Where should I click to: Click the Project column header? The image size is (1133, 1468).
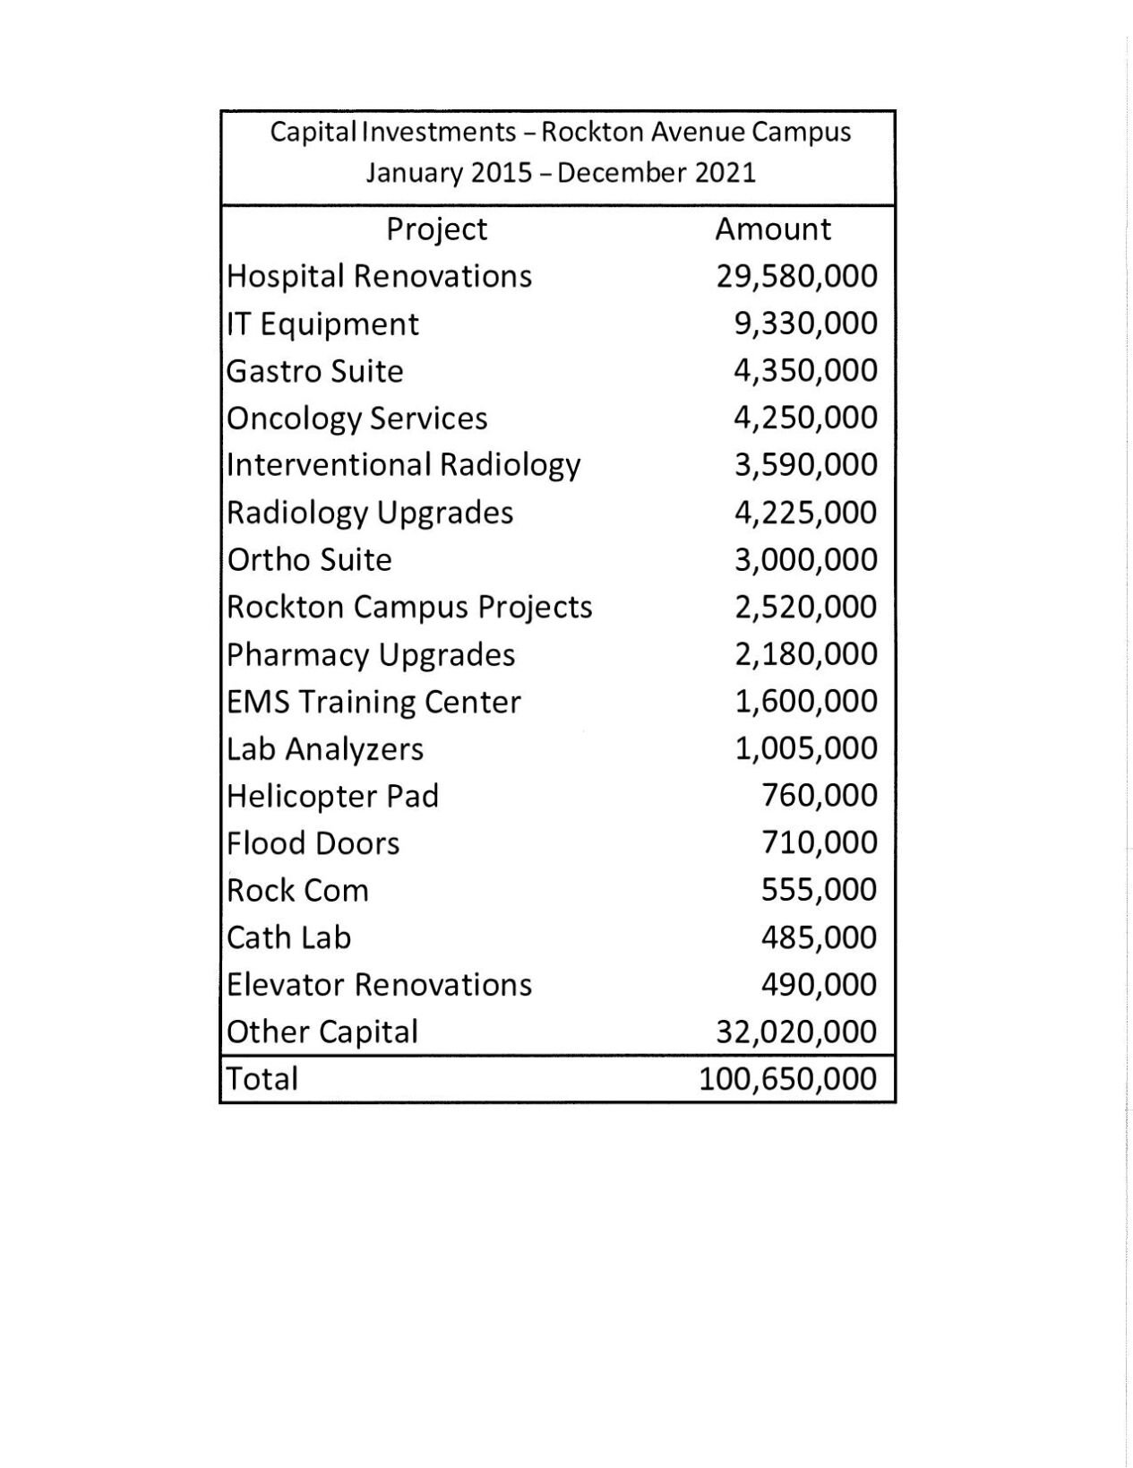click(436, 229)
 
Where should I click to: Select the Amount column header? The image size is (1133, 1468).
click(772, 229)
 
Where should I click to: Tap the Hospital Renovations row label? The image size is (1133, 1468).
click(379, 276)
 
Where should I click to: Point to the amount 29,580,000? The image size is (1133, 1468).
click(796, 276)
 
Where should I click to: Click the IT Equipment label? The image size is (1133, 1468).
click(322, 324)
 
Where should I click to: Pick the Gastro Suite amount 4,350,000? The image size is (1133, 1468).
click(805, 371)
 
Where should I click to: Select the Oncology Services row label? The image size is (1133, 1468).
click(356, 419)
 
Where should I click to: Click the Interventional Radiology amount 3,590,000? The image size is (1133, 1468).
click(805, 465)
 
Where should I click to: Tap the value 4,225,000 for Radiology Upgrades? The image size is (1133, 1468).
click(805, 513)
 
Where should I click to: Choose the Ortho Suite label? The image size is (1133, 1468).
click(309, 560)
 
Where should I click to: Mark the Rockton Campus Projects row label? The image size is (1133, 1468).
click(409, 607)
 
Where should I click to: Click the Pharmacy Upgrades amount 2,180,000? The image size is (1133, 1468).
click(805, 654)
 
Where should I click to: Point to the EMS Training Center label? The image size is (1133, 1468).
click(373, 702)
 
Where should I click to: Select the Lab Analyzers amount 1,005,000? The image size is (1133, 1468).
click(805, 748)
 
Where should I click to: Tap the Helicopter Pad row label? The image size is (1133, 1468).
click(332, 796)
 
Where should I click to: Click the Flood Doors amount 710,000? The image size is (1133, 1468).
click(819, 843)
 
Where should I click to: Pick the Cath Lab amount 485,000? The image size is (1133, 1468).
click(819, 937)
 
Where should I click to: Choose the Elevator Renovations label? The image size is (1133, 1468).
click(379, 985)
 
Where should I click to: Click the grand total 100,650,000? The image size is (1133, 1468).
click(787, 1079)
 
